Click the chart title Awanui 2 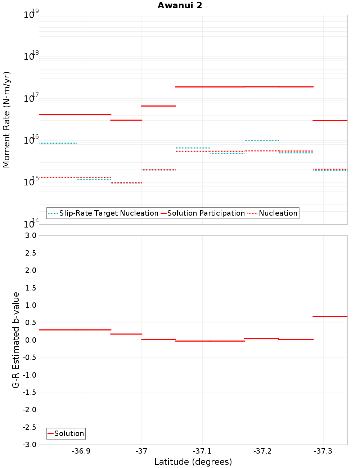(x=180, y=5)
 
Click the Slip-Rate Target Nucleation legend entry (x=103, y=213)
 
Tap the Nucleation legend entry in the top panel (x=273, y=213)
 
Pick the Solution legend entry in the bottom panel (x=66, y=434)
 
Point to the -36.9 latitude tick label (x=81, y=451)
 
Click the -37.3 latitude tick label (x=323, y=451)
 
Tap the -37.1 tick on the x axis (x=202, y=451)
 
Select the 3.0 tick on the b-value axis (x=30, y=236)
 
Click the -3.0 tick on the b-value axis (x=30, y=445)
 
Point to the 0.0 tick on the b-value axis (x=30, y=340)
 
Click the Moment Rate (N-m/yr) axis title (x=6, y=120)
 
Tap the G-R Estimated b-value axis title (x=16, y=340)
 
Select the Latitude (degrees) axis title (x=193, y=462)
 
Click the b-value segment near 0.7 (x=330, y=316)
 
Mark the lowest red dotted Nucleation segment (x=126, y=183)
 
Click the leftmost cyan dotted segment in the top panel (x=58, y=143)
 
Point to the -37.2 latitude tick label (x=262, y=451)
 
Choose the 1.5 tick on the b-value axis (x=30, y=288)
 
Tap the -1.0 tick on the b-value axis (x=30, y=375)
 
